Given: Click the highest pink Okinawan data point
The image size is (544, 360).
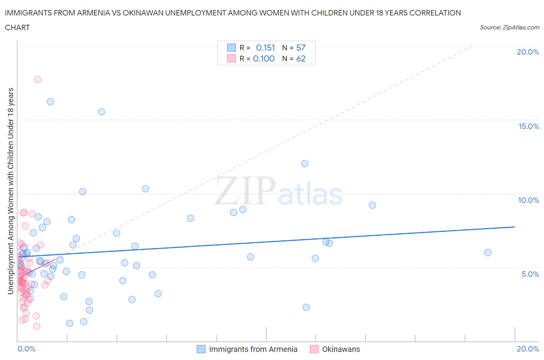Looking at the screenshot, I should pyautogui.click(x=38, y=79).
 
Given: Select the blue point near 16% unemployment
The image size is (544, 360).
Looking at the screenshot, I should pyautogui.click(x=50, y=102).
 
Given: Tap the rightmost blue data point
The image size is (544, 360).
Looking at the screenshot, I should pyautogui.click(x=488, y=253).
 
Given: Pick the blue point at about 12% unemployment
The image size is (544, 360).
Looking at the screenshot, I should pyautogui.click(x=305, y=164).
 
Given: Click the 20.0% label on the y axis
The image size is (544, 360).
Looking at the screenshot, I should pyautogui.click(x=528, y=52).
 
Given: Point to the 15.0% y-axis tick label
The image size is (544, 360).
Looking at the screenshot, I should pyautogui.click(x=529, y=127).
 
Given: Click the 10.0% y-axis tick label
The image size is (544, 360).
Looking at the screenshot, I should pyautogui.click(x=529, y=201).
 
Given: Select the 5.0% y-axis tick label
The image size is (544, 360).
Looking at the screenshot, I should pyautogui.click(x=530, y=274).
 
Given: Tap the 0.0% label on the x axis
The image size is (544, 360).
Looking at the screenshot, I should pyautogui.click(x=26, y=349).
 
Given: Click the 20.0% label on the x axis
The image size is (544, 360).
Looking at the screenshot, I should pyautogui.click(x=528, y=349).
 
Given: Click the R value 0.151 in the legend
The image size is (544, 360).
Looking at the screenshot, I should pyautogui.click(x=265, y=48).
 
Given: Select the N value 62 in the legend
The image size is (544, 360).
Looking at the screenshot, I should pyautogui.click(x=301, y=59).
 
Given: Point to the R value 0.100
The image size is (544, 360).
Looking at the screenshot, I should pyautogui.click(x=263, y=59).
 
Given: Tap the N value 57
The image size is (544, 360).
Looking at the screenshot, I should pyautogui.click(x=301, y=48).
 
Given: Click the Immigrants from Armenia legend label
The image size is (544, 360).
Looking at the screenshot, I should pyautogui.click(x=253, y=350).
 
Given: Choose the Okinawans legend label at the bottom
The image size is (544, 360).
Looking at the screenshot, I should pyautogui.click(x=341, y=350).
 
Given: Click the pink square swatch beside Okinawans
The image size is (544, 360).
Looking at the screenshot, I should pyautogui.click(x=314, y=349).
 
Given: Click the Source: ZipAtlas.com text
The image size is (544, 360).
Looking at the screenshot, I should pyautogui.click(x=509, y=27).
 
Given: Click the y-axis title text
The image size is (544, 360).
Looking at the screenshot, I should pyautogui.click(x=11, y=191).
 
